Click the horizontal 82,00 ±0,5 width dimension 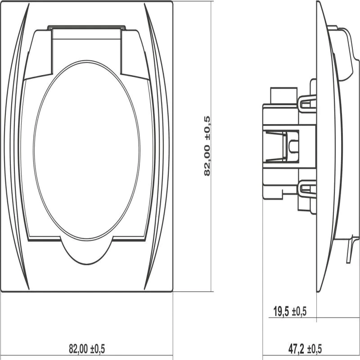click(87, 349)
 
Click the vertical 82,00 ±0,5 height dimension click(207, 146)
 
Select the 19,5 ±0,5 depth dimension click(290, 311)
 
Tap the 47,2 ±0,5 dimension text click(305, 349)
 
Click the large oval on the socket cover click(86, 150)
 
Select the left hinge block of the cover click(38, 54)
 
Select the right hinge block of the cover click(135, 54)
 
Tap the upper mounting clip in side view click(308, 104)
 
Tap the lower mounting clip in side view click(308, 189)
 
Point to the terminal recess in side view click(281, 146)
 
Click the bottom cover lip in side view click(350, 249)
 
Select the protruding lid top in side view click(343, 54)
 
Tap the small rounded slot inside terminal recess click(294, 146)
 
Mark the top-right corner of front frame click(172, 1)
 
